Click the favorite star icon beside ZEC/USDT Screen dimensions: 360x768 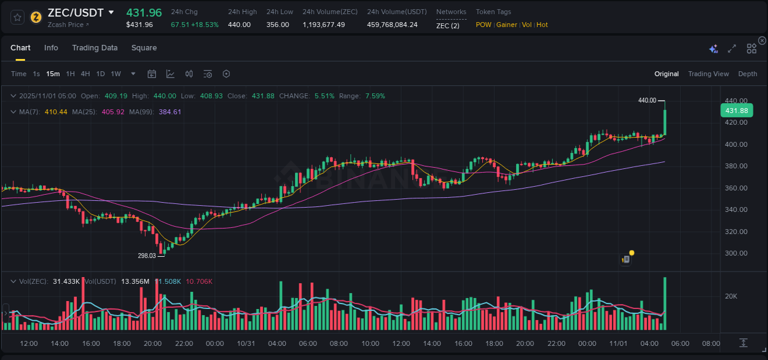17,17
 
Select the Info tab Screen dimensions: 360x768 51,48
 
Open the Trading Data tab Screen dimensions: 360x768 95,48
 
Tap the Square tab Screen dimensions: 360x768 144,48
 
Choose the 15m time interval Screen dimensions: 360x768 53,74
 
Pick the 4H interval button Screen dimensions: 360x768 85,74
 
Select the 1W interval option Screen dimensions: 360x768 116,74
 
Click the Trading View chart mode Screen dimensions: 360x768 708,74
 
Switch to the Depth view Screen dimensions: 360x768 747,74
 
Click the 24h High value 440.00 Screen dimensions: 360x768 239,25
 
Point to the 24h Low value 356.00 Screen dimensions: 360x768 277,25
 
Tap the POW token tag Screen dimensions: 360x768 484,25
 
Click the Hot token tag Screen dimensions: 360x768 541,25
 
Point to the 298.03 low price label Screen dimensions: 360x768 147,256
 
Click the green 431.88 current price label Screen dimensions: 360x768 736,111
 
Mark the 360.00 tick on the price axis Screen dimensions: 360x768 735,188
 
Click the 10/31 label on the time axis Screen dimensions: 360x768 246,343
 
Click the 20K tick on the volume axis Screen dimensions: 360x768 731,296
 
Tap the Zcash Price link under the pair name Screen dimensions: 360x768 68,25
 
